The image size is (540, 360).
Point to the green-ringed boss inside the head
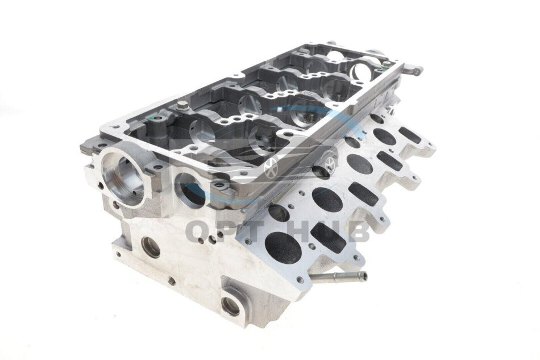[156, 120]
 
